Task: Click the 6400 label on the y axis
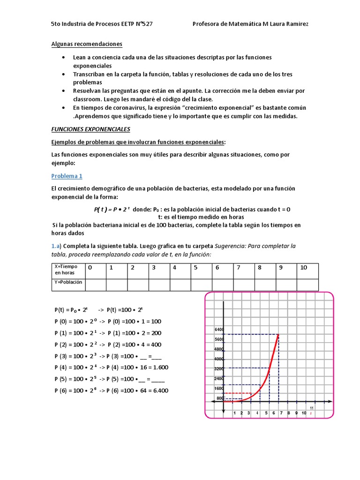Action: [x=219, y=329]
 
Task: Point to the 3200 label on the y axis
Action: [x=219, y=369]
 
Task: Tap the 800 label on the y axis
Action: [x=220, y=398]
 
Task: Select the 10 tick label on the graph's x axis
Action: [x=304, y=413]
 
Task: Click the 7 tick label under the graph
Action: [x=281, y=413]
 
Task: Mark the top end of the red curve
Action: [x=278, y=334]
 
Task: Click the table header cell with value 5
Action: [x=196, y=268]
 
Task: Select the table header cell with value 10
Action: [x=304, y=268]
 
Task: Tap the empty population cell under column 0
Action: [x=96, y=285]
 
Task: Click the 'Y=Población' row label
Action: [x=68, y=282]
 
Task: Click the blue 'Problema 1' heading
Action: [x=67, y=176]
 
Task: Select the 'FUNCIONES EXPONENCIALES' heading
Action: [x=90, y=129]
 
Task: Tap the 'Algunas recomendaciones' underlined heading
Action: [x=86, y=44]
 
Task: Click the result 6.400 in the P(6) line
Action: [x=159, y=390]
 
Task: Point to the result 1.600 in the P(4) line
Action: [x=159, y=367]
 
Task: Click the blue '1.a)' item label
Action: [x=56, y=246]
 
